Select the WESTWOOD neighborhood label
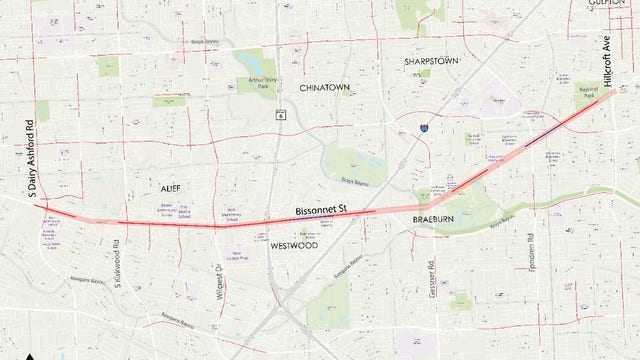click(294, 245)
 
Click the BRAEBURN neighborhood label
click(435, 217)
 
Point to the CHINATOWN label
click(325, 87)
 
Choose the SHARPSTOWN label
click(431, 61)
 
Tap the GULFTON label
click(619, 4)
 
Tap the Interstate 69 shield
click(425, 128)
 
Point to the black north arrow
click(32, 355)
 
